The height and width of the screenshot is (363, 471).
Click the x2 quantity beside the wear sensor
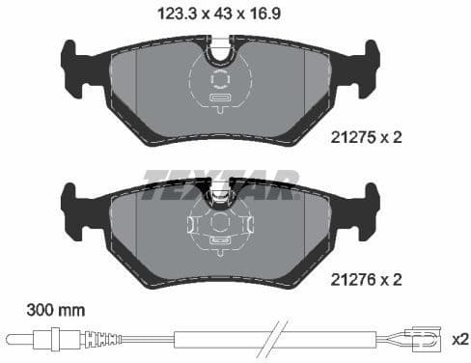tap(460, 340)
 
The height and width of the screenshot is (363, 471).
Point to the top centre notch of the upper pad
tap(221, 44)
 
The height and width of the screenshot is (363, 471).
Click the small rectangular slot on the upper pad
tap(218, 98)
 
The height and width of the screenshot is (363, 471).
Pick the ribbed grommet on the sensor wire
tap(95, 339)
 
